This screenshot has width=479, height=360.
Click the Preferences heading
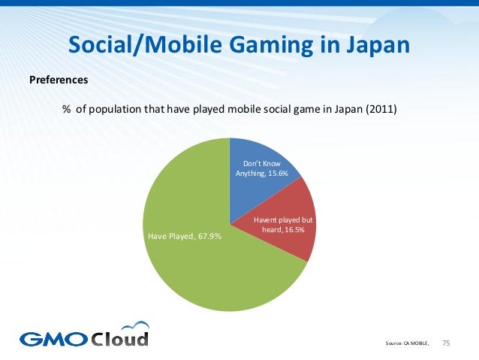[59, 79]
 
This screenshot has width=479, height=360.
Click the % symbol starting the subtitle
[66, 109]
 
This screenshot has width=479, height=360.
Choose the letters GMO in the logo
[52, 338]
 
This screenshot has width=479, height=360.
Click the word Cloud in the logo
[120, 338]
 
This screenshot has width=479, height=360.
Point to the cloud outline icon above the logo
[134, 325]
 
